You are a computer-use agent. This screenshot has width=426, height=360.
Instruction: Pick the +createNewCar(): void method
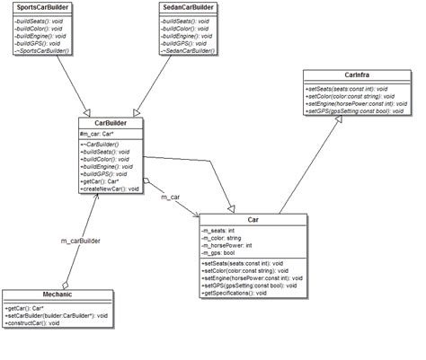tap(111, 189)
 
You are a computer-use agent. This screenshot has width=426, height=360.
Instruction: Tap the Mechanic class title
tap(56, 295)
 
